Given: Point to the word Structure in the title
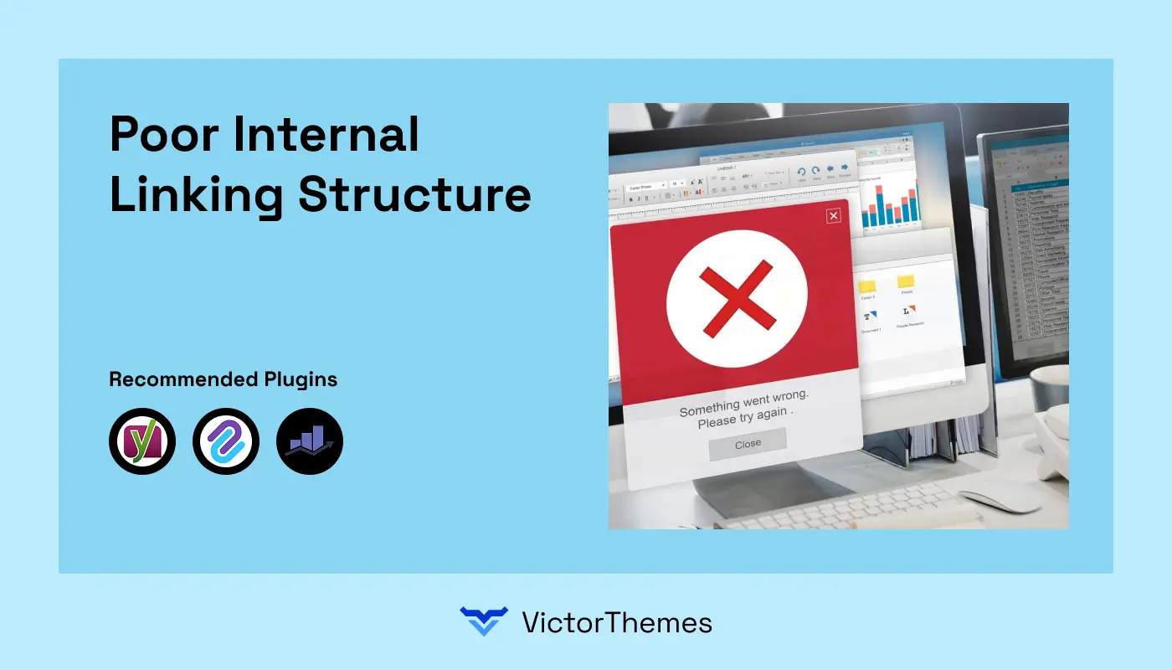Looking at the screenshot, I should pos(414,194).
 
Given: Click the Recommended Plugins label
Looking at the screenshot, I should pos(224,379).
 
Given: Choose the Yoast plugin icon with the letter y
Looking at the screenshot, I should pos(142,441).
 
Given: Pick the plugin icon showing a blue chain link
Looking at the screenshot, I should pos(226,441).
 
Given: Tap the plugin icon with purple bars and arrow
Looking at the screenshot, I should pos(310,441).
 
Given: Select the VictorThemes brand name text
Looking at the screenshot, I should pos(617,622).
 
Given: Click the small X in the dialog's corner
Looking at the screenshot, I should pos(833,216).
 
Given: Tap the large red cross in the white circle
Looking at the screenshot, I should pos(737,299).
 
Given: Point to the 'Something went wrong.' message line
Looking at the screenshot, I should pos(744,406).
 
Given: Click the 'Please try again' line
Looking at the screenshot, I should pos(744,421).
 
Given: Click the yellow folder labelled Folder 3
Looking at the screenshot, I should pos(868,286).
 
